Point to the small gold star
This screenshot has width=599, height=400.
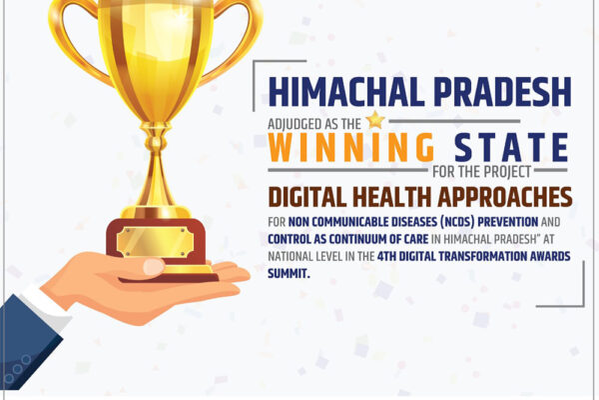tap(374, 120)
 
